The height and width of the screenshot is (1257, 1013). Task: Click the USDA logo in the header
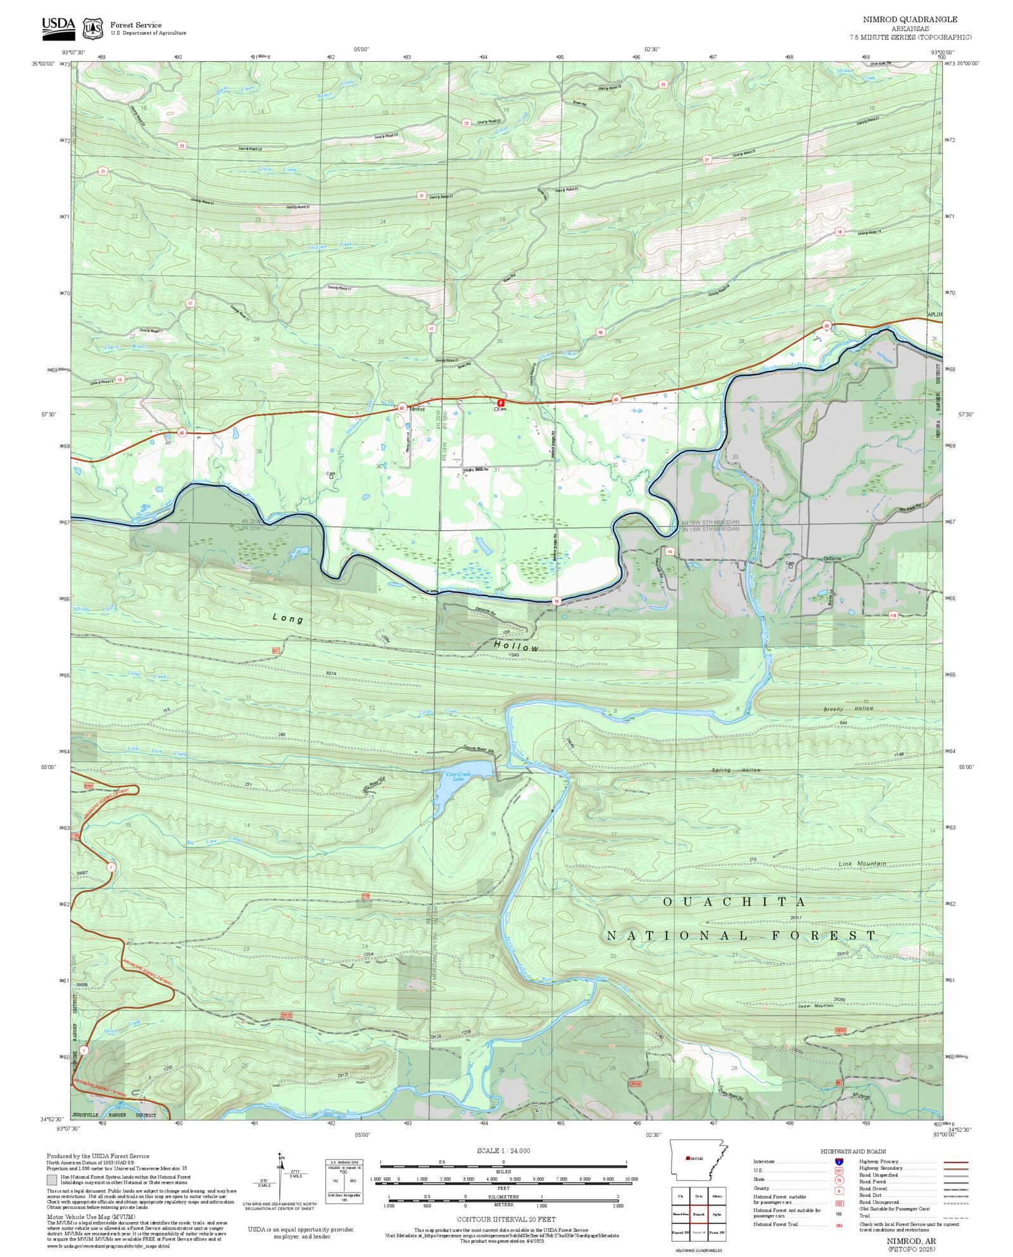click(58, 28)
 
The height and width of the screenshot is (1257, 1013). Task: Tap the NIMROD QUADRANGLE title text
click(910, 20)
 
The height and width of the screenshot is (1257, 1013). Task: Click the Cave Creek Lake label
click(458, 776)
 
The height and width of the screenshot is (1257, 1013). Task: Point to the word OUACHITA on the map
click(734, 902)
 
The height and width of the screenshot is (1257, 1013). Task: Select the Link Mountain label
click(862, 864)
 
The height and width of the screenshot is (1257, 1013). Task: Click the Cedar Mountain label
click(815, 1006)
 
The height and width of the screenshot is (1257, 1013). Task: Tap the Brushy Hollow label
click(848, 709)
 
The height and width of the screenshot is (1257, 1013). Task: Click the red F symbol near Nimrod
click(501, 403)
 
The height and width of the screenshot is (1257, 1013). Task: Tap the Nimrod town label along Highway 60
click(417, 410)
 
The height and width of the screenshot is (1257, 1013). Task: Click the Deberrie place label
click(832, 558)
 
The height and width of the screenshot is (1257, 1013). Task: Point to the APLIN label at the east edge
click(934, 315)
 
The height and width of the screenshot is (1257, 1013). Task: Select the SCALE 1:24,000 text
click(503, 1151)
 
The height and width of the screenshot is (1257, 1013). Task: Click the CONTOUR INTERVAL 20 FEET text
click(506, 1219)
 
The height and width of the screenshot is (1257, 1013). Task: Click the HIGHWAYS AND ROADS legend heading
click(853, 1151)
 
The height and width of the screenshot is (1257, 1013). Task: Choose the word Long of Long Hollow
click(288, 618)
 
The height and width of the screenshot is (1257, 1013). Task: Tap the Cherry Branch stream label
click(125, 347)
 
